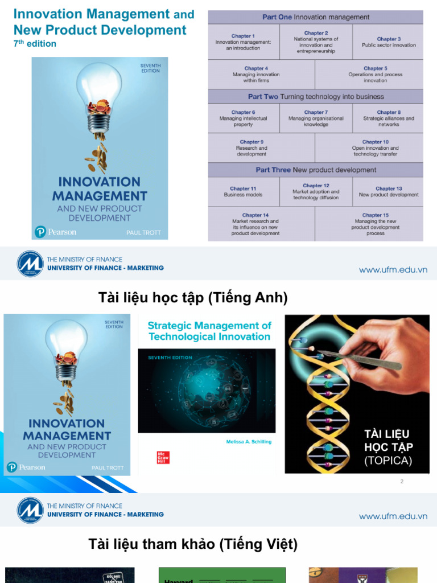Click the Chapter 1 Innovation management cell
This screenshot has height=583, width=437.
point(243,42)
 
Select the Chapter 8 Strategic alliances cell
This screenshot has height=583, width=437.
point(388,118)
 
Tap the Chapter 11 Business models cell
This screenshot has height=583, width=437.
point(243,191)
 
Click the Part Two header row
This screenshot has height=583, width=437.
point(316,97)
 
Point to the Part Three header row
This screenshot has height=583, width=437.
point(316,170)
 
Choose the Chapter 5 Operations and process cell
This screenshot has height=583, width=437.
point(375,74)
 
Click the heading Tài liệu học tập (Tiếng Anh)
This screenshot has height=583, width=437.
point(193,297)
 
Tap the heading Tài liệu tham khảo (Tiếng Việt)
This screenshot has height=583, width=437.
point(193,544)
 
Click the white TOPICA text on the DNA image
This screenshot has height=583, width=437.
point(388,461)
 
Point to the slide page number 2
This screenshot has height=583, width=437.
point(402,481)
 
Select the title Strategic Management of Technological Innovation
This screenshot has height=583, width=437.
point(209,331)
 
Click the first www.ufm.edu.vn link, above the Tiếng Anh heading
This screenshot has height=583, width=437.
point(393,270)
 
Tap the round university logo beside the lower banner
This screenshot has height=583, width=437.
point(30,510)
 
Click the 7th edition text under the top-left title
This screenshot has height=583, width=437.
point(35,44)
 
